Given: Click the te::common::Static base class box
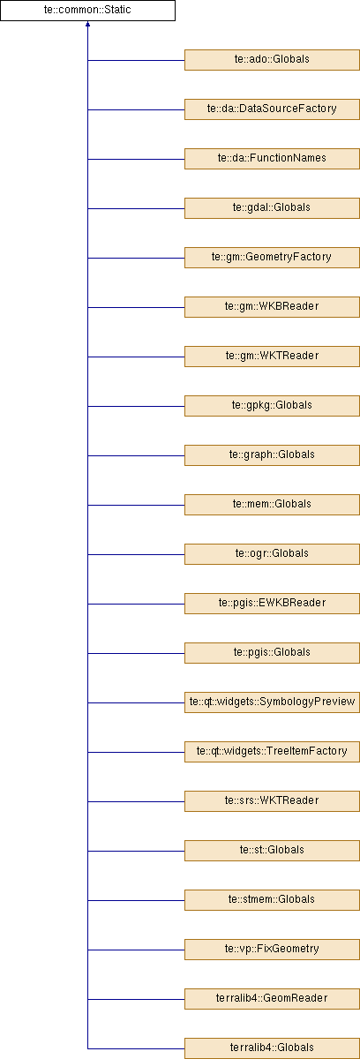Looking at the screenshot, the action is click(87, 11).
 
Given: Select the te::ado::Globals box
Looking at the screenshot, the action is click(272, 60).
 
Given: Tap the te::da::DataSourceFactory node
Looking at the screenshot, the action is click(272, 109).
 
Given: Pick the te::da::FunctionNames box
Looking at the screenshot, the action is click(272, 159).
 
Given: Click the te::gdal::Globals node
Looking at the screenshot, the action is click(272, 208).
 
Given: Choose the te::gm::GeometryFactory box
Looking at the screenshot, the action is click(272, 258).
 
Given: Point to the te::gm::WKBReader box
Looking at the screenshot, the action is click(272, 307).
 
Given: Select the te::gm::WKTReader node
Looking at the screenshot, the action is click(272, 357).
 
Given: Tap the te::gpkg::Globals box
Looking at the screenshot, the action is click(272, 406).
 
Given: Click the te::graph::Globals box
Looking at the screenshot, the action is click(272, 455).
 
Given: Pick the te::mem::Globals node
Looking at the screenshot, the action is click(272, 505).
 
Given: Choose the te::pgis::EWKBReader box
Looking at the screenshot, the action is click(272, 604).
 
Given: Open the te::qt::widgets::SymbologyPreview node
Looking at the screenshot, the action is click(272, 702).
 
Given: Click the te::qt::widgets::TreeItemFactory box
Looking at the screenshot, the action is click(272, 752).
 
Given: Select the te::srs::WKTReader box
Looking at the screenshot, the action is click(272, 801).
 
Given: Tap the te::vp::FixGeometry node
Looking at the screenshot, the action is click(272, 950).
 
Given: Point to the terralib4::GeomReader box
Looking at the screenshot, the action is click(272, 998).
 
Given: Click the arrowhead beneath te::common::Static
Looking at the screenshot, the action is click(87, 24).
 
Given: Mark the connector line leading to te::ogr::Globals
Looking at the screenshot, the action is click(136, 554).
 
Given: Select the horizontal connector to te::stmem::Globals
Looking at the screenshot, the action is click(136, 900).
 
